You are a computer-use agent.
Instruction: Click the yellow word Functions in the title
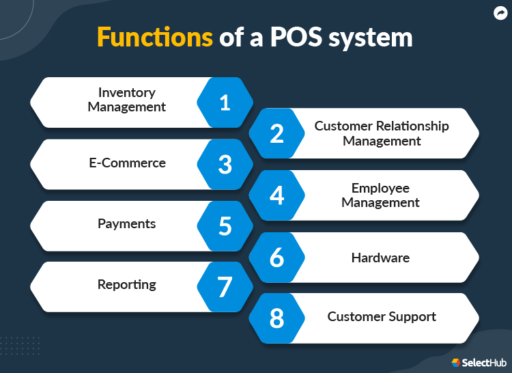(x=154, y=37)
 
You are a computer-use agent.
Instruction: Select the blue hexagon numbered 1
(x=225, y=102)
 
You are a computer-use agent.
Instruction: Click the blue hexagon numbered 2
(x=276, y=133)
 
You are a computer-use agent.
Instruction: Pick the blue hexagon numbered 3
(x=225, y=164)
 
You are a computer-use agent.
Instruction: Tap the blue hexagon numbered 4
(x=276, y=195)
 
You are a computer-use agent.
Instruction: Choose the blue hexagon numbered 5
(x=225, y=225)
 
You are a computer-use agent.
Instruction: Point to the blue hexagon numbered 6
(x=276, y=258)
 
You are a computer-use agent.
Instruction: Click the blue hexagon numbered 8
(x=276, y=318)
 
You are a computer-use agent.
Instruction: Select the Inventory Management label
(x=127, y=100)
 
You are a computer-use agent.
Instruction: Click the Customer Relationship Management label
(x=382, y=133)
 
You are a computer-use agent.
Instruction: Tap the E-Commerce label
(x=127, y=163)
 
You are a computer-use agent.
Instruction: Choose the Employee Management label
(x=380, y=195)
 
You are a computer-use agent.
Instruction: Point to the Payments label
(x=127, y=224)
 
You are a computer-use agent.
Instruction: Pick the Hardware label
(x=380, y=258)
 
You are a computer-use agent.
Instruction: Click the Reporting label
(x=127, y=285)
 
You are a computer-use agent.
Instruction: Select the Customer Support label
(x=382, y=317)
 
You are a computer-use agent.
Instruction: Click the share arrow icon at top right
(x=500, y=12)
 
